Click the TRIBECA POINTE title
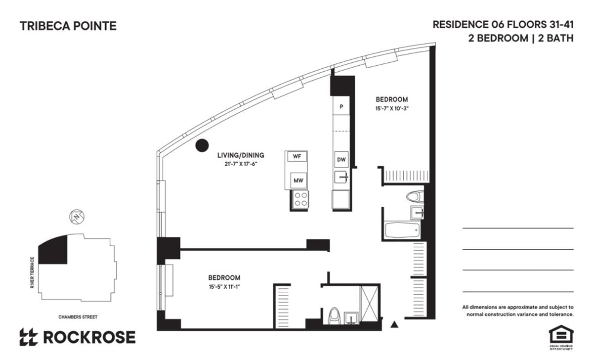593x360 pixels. point(68,26)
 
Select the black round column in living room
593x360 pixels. point(201,145)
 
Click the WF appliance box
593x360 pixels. point(297,156)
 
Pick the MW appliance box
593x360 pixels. point(298,180)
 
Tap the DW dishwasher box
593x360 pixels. point(341,160)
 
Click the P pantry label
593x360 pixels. point(341,106)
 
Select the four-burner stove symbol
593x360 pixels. point(300,200)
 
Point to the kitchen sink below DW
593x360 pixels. point(341,177)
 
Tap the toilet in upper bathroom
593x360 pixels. point(415,196)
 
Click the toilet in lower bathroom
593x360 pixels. point(335,315)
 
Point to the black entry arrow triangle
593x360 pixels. point(394,324)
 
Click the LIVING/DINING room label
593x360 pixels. point(241,155)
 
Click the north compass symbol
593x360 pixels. point(77,216)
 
